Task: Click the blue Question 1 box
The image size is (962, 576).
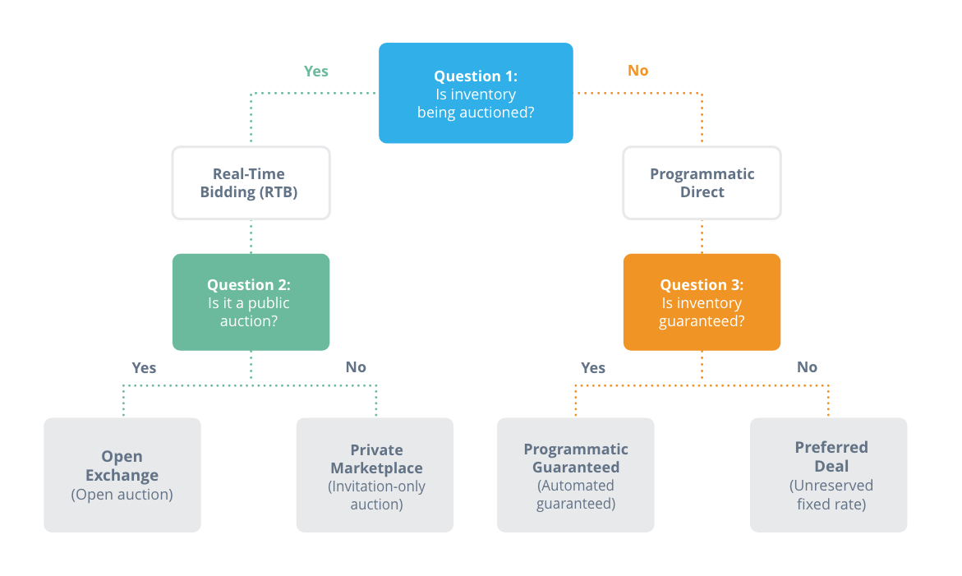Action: click(476, 93)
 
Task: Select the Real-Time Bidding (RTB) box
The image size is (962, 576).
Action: click(251, 182)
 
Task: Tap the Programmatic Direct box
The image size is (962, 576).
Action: click(702, 182)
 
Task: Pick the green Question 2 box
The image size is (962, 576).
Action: click(251, 302)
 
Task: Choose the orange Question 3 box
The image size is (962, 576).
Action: click(702, 302)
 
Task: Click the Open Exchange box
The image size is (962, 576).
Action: click(122, 475)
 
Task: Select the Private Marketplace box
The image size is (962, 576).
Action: click(375, 475)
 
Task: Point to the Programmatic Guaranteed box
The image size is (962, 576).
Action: click(576, 475)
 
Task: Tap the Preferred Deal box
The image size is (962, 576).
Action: click(828, 475)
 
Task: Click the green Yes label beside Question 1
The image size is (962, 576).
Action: click(316, 71)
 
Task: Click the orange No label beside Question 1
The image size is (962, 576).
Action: click(638, 71)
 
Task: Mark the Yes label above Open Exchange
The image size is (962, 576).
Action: click(145, 367)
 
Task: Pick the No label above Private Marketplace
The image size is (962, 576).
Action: click(356, 366)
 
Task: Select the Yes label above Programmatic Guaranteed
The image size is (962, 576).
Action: click(593, 367)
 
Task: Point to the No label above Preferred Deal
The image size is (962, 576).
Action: click(808, 366)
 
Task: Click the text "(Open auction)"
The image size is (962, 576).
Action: click(122, 495)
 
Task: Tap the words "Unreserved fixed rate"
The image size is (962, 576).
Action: click(831, 495)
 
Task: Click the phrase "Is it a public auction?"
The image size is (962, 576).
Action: click(248, 311)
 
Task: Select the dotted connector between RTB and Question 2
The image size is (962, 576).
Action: click(251, 237)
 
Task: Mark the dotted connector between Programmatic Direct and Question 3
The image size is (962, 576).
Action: click(702, 237)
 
